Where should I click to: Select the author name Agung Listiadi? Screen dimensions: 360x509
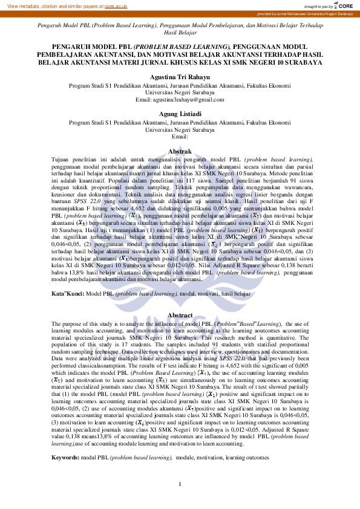pos(180,114)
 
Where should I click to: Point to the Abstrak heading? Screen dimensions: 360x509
pos(180,151)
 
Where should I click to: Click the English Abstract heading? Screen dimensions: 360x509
pos(180,316)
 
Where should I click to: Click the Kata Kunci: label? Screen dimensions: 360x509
pos(68,293)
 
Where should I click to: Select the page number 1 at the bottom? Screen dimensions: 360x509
pos(180,484)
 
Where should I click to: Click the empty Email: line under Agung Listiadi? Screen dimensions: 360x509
pos(180,137)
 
